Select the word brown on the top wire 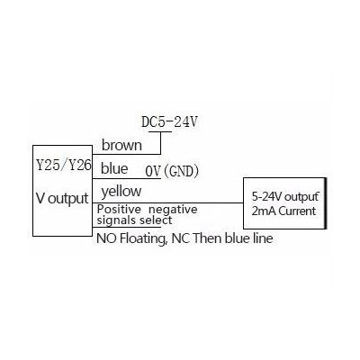coord(121,145)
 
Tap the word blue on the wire coord(114,168)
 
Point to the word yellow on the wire coord(122,191)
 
